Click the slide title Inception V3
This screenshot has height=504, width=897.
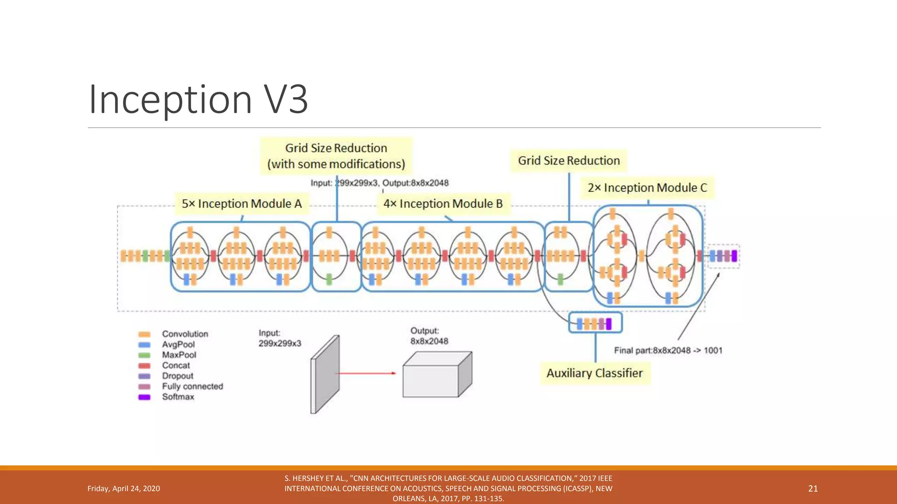click(x=198, y=99)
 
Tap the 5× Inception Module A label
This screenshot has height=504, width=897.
click(x=242, y=204)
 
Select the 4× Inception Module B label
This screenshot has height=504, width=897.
click(x=443, y=204)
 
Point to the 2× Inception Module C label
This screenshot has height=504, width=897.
click(x=647, y=188)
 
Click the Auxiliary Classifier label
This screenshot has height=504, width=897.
click(x=594, y=373)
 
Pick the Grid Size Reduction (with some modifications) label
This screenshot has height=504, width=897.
click(x=336, y=156)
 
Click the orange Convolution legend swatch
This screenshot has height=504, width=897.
click(x=144, y=334)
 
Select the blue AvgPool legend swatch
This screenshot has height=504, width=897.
click(x=144, y=345)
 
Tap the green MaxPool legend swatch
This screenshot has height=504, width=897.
click(x=144, y=355)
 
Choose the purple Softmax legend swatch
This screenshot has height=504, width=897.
click(x=144, y=397)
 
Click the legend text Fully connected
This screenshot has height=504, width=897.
click(x=192, y=386)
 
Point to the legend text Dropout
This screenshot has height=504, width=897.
click(x=177, y=376)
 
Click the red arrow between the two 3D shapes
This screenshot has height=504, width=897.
click(x=366, y=373)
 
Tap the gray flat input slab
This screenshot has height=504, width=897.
click(x=325, y=374)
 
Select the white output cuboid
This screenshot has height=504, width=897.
click(x=437, y=375)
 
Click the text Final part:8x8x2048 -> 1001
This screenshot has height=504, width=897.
click(x=668, y=350)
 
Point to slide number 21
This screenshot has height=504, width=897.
click(x=813, y=489)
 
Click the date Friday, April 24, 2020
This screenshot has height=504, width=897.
click(x=124, y=489)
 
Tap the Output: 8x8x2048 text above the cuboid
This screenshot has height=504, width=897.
click(x=429, y=336)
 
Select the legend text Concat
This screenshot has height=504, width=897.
click(x=176, y=365)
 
